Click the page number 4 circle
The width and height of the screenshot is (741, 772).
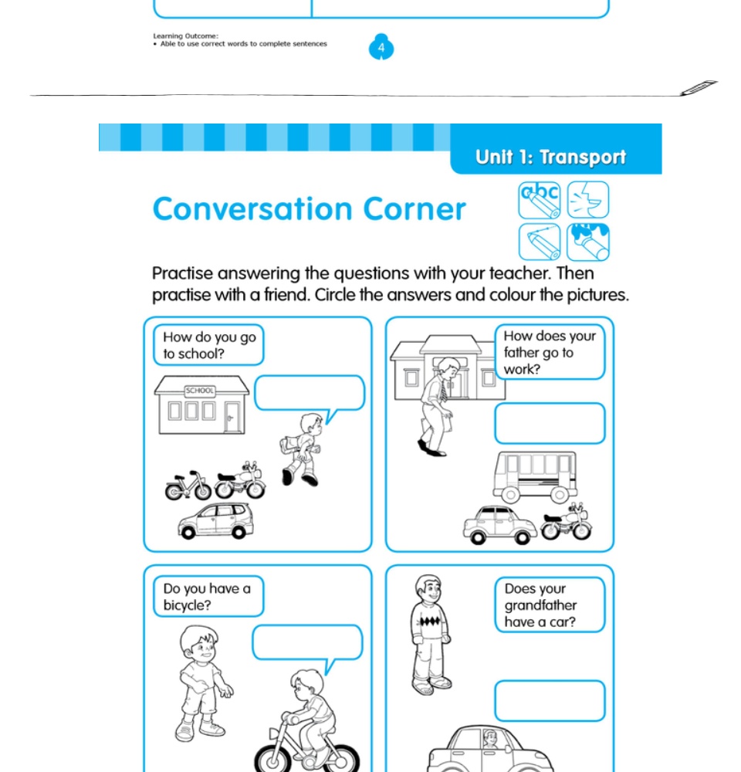point(381,48)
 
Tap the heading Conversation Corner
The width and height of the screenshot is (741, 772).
point(309,209)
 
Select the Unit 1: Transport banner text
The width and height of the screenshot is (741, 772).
point(550,157)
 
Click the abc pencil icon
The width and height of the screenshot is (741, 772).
point(539,200)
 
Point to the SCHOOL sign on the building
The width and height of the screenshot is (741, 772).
point(200,391)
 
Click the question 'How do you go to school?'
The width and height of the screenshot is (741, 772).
point(208,345)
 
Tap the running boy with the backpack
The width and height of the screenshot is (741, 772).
point(302,449)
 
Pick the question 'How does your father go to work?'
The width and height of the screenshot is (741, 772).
point(550,352)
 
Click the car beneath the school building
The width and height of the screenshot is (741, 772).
point(215,521)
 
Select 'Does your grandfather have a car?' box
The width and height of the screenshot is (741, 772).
point(550,604)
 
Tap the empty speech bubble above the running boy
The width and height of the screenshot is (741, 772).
point(309,394)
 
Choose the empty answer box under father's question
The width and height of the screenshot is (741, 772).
point(550,423)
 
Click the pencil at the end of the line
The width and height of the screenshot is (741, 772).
point(699,88)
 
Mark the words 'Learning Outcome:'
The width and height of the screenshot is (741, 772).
point(185,36)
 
